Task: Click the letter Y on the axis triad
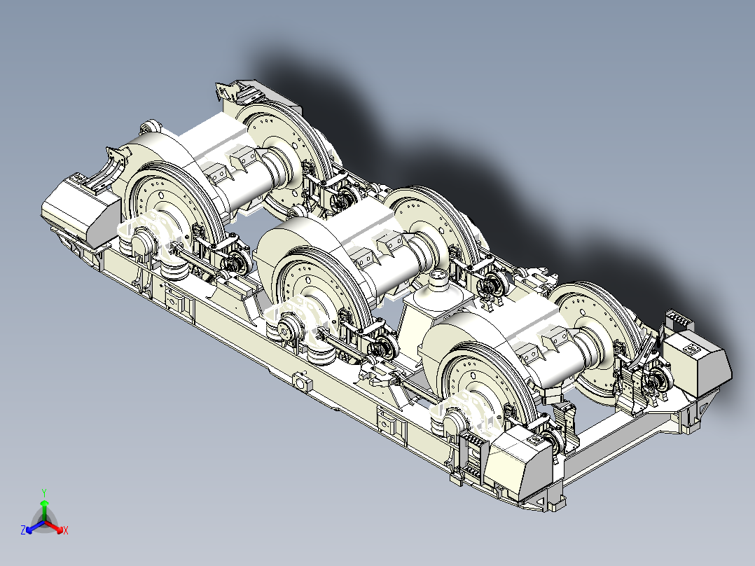click(x=44, y=492)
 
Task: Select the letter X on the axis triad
click(x=66, y=530)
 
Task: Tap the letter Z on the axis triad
click(x=23, y=530)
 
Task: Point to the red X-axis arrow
click(x=53, y=527)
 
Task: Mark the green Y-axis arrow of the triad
click(x=44, y=510)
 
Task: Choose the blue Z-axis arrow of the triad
click(x=35, y=527)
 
